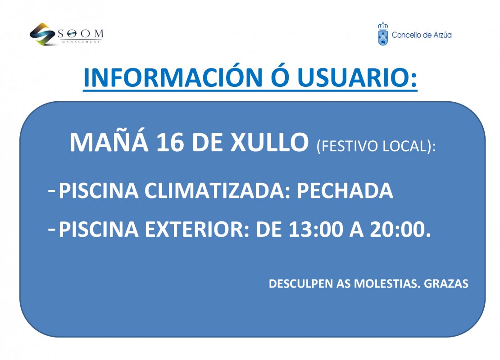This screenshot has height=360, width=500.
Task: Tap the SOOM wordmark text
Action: pyautogui.click(x=81, y=33)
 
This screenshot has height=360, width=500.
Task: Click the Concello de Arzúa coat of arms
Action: pyautogui.click(x=382, y=34)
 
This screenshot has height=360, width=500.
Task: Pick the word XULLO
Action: pyautogui.click(x=269, y=142)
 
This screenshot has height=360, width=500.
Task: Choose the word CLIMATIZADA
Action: pyautogui.click(x=215, y=191)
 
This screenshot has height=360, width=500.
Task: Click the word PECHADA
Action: pyautogui.click(x=345, y=191)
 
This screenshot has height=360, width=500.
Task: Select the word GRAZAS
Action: pyautogui.click(x=446, y=283)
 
